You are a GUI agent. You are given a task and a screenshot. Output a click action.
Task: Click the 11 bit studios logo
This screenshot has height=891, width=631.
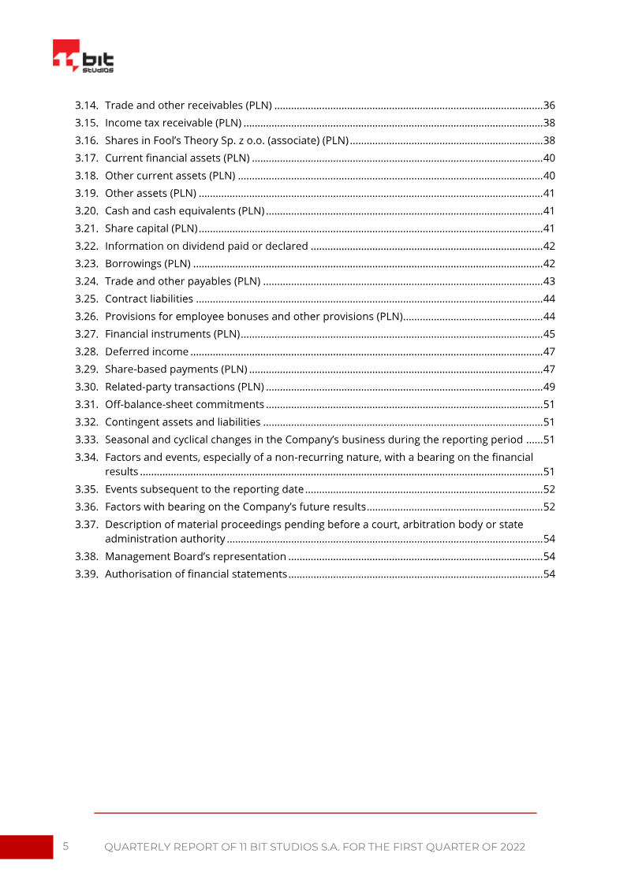(x=83, y=57)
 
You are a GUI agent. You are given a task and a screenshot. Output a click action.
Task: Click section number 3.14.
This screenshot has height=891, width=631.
(x=86, y=105)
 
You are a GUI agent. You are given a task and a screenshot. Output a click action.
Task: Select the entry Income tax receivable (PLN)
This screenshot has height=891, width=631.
(x=173, y=123)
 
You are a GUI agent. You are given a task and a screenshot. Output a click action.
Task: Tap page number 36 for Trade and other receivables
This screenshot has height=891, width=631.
(x=550, y=105)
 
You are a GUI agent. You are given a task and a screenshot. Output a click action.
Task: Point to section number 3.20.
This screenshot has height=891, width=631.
(x=86, y=210)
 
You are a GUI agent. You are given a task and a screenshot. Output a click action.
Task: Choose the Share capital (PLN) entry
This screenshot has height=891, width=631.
(x=151, y=228)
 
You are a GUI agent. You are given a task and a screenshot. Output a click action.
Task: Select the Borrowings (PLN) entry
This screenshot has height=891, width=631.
(x=147, y=263)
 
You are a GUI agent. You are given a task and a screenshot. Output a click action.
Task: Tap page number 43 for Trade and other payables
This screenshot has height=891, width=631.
(x=550, y=281)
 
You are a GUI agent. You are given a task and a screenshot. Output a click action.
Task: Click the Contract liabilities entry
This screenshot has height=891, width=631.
(x=148, y=299)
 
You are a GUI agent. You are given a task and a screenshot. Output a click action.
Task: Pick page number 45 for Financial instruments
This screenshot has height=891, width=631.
(x=550, y=334)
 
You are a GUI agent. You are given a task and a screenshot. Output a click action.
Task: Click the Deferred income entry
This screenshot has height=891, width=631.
(x=146, y=351)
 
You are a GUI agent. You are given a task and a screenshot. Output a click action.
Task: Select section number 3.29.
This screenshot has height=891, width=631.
(x=86, y=369)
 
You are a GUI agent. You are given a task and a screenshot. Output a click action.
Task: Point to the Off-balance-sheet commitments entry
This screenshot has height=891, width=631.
(x=184, y=404)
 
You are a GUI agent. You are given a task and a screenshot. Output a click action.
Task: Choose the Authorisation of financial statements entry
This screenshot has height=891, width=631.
(x=195, y=574)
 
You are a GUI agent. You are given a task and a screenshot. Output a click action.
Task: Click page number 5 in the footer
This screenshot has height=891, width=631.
(x=65, y=846)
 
